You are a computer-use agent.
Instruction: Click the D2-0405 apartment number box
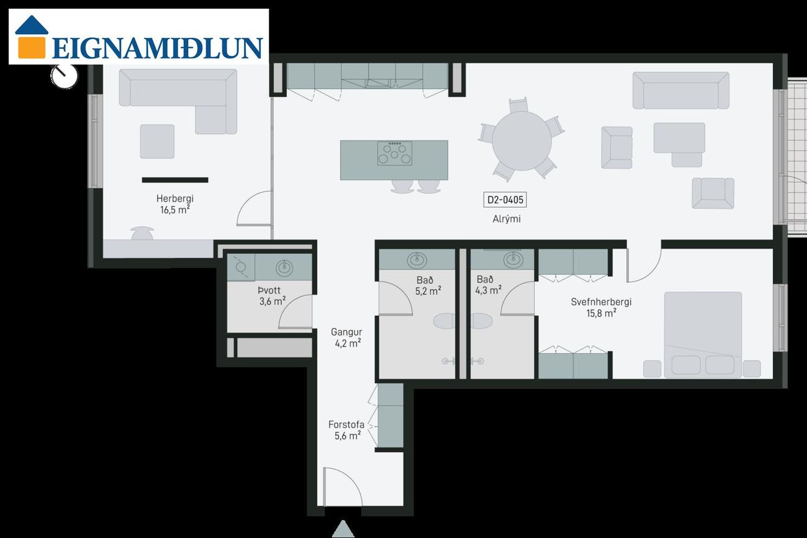tap(505, 200)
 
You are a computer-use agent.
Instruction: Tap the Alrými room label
tap(507, 219)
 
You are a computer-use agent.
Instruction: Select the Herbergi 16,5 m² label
tap(174, 204)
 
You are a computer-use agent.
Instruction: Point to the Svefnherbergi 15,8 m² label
tap(601, 308)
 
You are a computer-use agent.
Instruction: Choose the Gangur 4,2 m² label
tap(346, 338)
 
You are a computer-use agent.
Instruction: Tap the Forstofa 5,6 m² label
tap(346, 430)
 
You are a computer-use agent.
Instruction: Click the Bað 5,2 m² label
tap(428, 285)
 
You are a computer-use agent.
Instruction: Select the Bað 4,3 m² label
tap(488, 285)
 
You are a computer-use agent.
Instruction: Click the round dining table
tap(522, 141)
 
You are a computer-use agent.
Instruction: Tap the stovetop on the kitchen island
tap(394, 153)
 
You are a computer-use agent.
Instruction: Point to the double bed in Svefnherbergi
tap(703, 334)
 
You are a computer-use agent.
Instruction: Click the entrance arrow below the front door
tap(343, 529)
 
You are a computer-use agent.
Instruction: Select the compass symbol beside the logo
tap(64, 76)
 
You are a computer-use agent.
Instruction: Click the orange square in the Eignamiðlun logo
tap(32, 48)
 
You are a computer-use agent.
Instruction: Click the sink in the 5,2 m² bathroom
tap(417, 260)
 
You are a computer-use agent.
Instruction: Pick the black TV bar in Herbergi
tap(175, 180)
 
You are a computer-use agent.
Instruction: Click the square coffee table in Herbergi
tap(157, 141)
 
